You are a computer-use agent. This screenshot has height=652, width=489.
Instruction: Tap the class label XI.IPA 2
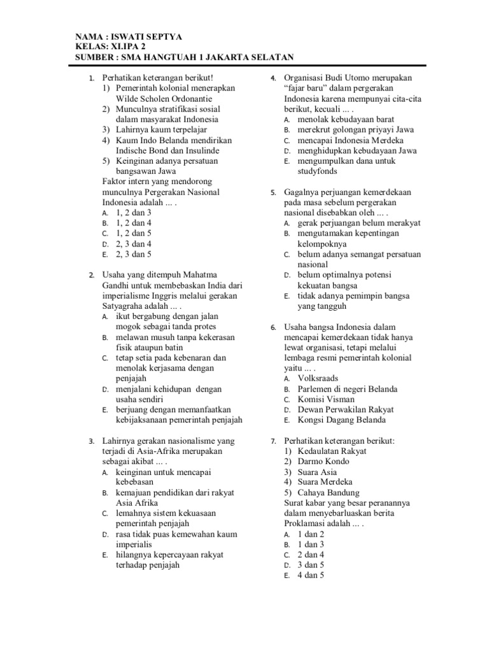tap(126, 47)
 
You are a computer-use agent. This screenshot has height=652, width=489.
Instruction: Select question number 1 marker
tap(92, 78)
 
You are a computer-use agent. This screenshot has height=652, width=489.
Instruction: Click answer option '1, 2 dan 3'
tap(134, 213)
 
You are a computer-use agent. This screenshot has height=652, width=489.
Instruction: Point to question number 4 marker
tap(273, 78)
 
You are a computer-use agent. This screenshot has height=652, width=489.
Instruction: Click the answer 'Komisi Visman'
tap(326, 399)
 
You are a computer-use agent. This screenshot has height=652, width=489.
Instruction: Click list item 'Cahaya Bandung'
tap(328, 493)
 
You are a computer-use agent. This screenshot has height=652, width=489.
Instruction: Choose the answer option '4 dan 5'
tap(311, 576)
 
